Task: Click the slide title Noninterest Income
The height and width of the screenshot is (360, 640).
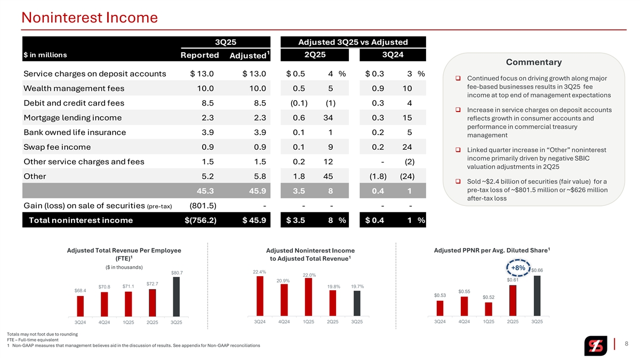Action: (90, 18)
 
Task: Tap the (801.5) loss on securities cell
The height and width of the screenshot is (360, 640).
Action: (203, 205)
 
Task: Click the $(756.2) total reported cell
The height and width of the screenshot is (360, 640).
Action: (200, 219)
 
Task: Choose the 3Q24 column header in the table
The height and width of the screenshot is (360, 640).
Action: (393, 54)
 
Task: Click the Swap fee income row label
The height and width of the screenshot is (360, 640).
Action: (57, 147)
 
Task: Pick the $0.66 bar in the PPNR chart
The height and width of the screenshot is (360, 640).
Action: (537, 295)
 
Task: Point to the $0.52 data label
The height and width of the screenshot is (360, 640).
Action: (489, 297)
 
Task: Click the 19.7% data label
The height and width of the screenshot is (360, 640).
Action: (357, 286)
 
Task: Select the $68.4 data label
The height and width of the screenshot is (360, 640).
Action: (81, 291)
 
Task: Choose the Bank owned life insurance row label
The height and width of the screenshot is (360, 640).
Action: (75, 132)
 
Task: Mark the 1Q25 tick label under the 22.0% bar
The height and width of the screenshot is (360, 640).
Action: (309, 322)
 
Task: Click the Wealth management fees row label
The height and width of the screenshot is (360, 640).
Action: (74, 89)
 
